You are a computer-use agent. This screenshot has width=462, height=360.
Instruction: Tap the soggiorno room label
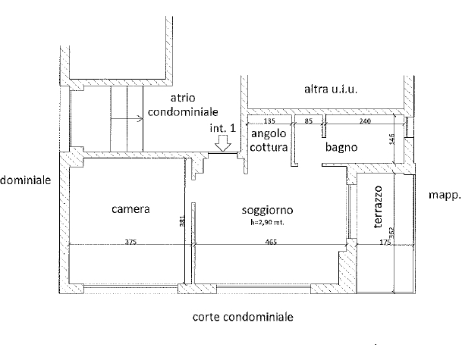pos(267,210)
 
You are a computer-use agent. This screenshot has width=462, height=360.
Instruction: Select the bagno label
pos(341,147)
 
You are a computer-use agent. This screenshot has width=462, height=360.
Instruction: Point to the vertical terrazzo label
pos(378,207)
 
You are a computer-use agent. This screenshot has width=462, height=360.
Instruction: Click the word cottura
pos(269,147)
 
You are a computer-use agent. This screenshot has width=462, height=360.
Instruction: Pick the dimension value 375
pos(130,242)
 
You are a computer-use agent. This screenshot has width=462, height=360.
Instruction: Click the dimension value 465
pos(271,242)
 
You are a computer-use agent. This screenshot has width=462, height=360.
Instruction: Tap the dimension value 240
pos(365,121)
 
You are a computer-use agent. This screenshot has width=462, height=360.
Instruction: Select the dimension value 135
pos(269,121)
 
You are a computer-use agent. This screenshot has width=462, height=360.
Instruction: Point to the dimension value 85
pos(308,121)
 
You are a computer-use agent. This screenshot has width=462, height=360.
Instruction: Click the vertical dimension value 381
pos(182,221)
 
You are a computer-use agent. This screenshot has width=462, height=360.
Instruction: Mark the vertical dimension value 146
pos(391,139)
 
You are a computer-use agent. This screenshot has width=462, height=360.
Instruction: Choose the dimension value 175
pos(385,242)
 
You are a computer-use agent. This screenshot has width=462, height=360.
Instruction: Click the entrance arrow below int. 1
pos(223,143)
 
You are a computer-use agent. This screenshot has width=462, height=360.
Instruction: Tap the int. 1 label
pos(223,128)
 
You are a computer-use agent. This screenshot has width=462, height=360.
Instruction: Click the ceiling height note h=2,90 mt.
pos(267,223)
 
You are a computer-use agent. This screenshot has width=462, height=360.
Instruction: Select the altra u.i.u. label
pos(331,89)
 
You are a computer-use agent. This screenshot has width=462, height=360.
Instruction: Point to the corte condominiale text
pos(243,317)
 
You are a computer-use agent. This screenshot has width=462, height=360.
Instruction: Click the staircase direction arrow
pos(127,119)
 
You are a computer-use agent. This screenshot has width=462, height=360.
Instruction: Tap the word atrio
pos(183,98)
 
